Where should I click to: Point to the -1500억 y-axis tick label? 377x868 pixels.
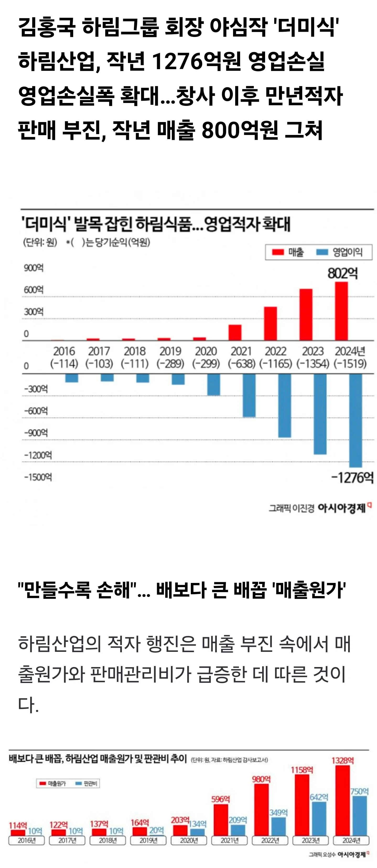[x=38, y=477]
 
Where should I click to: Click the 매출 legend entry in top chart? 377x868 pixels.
[x=288, y=252]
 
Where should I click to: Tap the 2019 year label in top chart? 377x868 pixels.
[x=170, y=351]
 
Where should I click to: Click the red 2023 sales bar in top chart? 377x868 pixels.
[x=306, y=314]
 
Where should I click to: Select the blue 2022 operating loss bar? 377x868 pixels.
[x=284, y=405]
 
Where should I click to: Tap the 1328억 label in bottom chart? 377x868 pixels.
[x=343, y=761]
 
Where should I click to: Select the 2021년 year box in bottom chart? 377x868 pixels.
[x=230, y=840]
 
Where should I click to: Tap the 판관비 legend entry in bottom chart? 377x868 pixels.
[x=87, y=783]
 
